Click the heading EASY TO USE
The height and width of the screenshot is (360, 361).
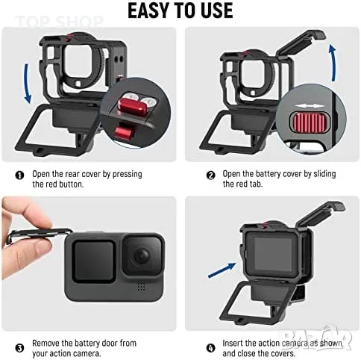click(180, 10)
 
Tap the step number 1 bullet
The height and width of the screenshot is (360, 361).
click(19, 176)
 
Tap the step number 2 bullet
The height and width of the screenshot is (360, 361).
click(210, 176)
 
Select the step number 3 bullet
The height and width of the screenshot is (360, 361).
click(19, 348)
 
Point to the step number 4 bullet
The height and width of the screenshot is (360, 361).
click(210, 348)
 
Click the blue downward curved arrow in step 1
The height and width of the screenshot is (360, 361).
click(26, 84)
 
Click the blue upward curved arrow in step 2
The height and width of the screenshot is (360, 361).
click(333, 62)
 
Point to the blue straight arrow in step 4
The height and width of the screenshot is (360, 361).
click(222, 270)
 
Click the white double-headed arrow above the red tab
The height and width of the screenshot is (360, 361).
click(310, 106)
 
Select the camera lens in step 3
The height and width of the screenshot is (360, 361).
click(142, 256)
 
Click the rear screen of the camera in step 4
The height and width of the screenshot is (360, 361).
click(273, 253)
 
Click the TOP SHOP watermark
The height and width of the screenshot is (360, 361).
click(59, 22)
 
